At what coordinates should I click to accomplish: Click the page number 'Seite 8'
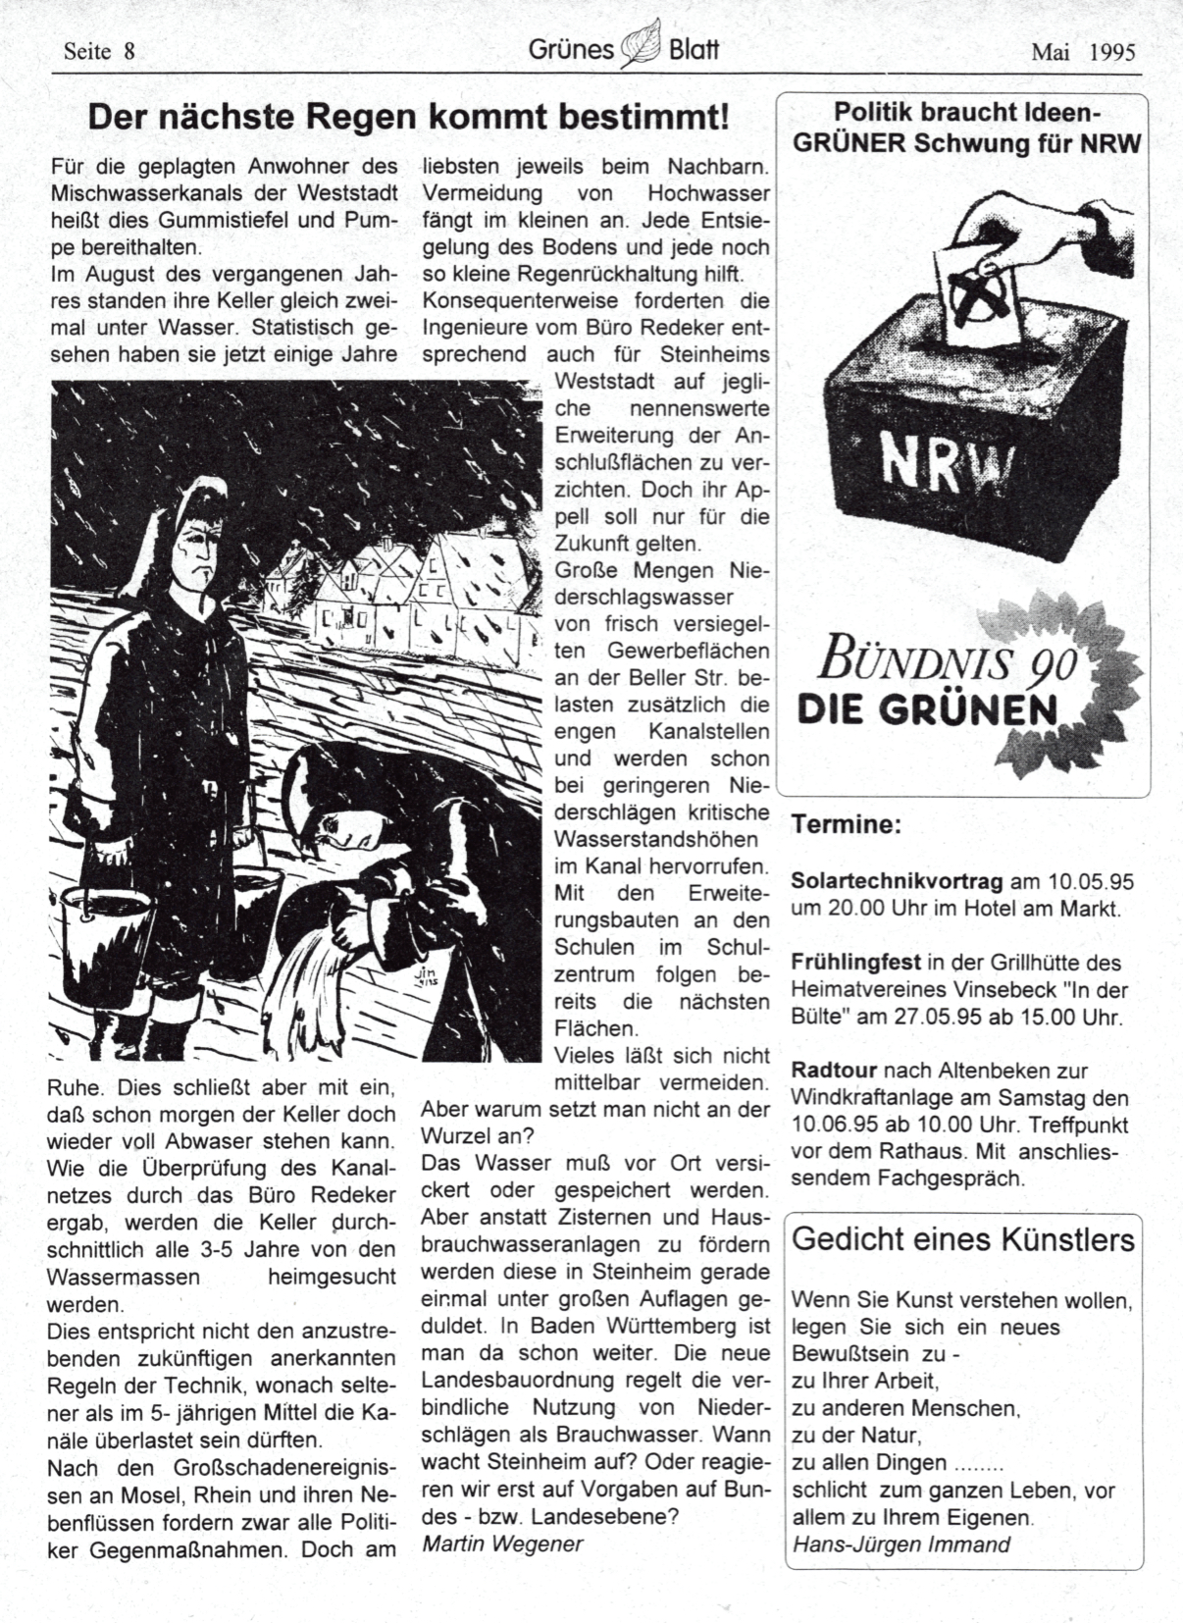click(x=98, y=51)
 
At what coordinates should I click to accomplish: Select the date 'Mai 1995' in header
click(x=1082, y=52)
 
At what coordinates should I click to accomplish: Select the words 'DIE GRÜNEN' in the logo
click(x=927, y=708)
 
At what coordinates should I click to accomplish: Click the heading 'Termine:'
click(x=846, y=824)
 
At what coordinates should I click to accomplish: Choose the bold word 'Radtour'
click(x=832, y=1071)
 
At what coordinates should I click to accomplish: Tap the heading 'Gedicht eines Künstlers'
click(x=962, y=1239)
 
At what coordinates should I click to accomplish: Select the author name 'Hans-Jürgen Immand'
click(x=900, y=1544)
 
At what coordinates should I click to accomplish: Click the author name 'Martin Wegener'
click(x=502, y=1544)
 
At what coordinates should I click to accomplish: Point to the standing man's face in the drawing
click(x=190, y=550)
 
